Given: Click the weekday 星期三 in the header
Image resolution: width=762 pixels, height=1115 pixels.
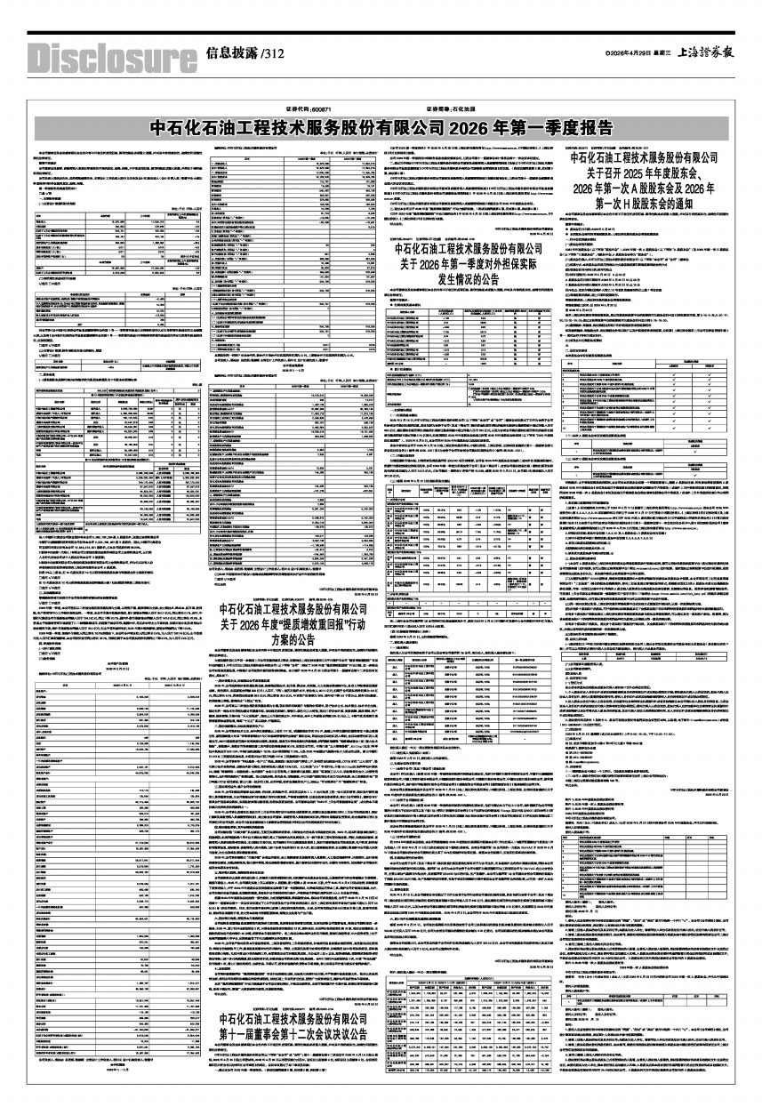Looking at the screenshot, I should [x=666, y=52].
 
